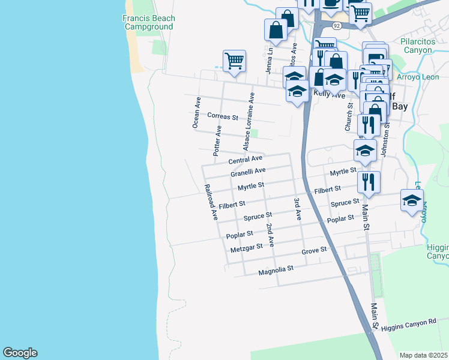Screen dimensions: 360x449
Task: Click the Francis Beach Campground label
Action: click(x=148, y=23)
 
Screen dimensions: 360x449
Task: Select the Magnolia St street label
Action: click(x=276, y=271)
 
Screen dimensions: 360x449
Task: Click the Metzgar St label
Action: click(x=247, y=247)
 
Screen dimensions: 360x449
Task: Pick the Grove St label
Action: click(x=313, y=250)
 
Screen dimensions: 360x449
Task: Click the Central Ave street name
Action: click(x=246, y=160)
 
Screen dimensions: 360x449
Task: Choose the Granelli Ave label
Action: click(x=248, y=172)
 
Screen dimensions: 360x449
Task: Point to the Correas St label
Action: click(x=222, y=116)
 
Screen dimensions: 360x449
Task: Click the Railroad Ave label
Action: click(x=210, y=202)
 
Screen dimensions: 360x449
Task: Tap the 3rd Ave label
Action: click(x=297, y=208)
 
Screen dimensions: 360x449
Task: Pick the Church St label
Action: click(x=348, y=116)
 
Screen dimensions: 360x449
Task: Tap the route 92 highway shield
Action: click(x=337, y=26)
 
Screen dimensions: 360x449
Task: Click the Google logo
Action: click(x=20, y=353)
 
